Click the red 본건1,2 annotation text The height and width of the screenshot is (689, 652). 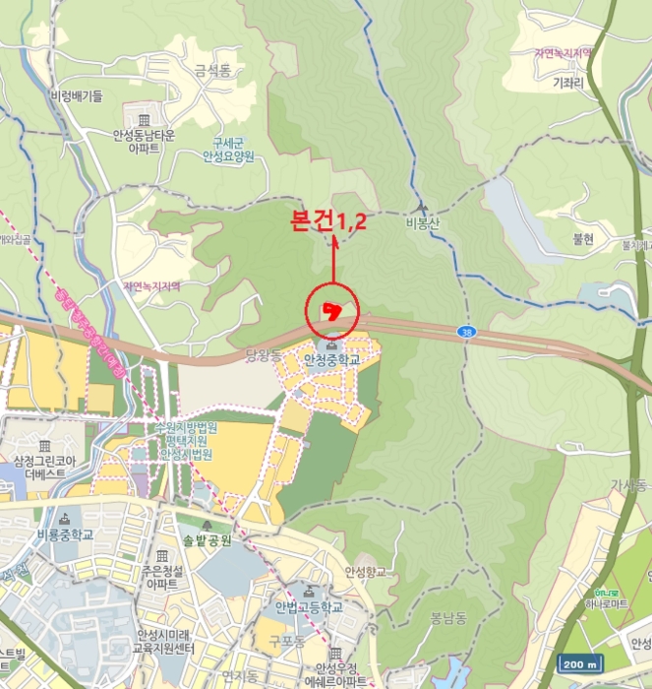tap(328, 221)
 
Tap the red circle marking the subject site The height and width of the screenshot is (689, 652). tap(332, 312)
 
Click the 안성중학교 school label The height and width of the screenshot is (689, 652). tap(332, 360)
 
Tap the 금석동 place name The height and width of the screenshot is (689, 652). tap(211, 70)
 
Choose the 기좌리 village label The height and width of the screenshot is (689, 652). tap(568, 84)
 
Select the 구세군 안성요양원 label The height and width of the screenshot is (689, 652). tap(227, 149)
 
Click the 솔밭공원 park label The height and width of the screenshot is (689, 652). tap(207, 540)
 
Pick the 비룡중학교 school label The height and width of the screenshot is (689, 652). tap(65, 534)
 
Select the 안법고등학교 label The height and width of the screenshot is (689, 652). tap(308, 606)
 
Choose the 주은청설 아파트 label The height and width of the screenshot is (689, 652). tap(161, 576)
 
